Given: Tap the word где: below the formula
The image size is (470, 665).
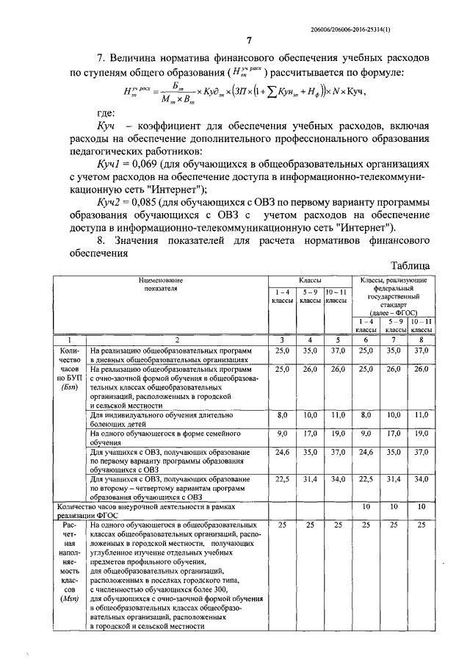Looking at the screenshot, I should (106, 115).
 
